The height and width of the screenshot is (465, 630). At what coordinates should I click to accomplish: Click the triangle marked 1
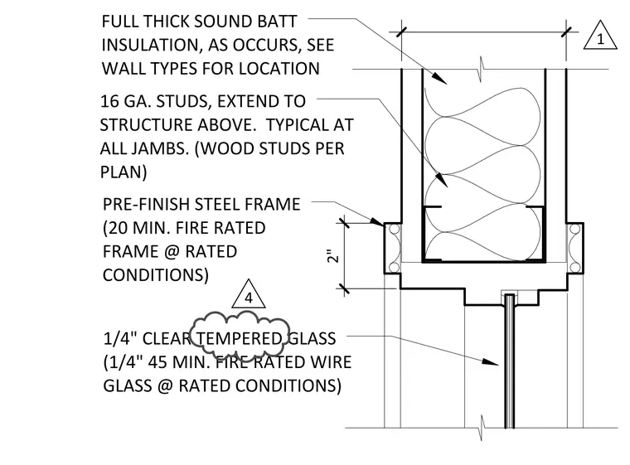(x=600, y=36)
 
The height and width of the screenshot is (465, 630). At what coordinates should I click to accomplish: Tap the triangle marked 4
(x=249, y=294)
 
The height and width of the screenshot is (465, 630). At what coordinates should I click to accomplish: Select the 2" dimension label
(x=333, y=256)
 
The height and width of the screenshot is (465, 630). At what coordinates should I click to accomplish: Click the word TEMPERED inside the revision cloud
(x=239, y=338)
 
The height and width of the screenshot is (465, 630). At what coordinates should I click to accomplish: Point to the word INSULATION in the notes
(x=151, y=45)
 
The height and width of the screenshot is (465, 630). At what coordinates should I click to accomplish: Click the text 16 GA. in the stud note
(x=125, y=101)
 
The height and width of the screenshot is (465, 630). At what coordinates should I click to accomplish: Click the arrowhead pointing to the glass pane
(x=490, y=361)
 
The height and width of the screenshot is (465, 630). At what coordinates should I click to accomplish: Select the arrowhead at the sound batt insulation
(x=440, y=78)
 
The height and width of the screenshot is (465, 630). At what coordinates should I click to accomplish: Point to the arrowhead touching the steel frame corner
(x=377, y=221)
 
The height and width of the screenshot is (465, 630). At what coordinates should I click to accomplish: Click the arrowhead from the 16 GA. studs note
(x=442, y=181)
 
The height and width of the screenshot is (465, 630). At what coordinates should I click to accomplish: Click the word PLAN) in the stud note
(x=124, y=172)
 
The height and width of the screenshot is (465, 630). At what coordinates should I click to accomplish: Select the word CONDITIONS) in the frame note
(x=156, y=275)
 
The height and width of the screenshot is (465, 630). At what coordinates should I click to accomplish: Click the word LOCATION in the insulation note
(x=279, y=69)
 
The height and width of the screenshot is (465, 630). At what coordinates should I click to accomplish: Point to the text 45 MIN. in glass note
(x=177, y=362)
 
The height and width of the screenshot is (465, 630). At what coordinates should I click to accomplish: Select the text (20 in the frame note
(x=115, y=228)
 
